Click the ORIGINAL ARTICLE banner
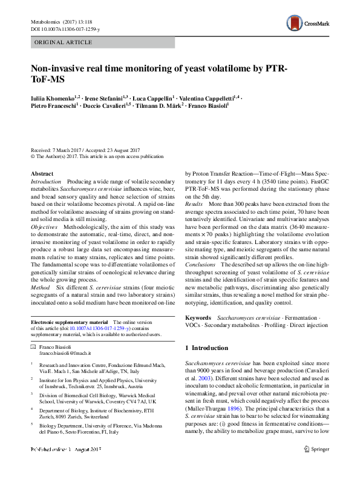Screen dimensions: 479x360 pyautogui.click(x=64, y=42)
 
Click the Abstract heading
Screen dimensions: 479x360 pyautogui.click(x=42, y=174)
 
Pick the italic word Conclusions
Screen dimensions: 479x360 pyautogui.click(x=200, y=265)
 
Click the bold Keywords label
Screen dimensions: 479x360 pyautogui.click(x=198, y=317)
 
